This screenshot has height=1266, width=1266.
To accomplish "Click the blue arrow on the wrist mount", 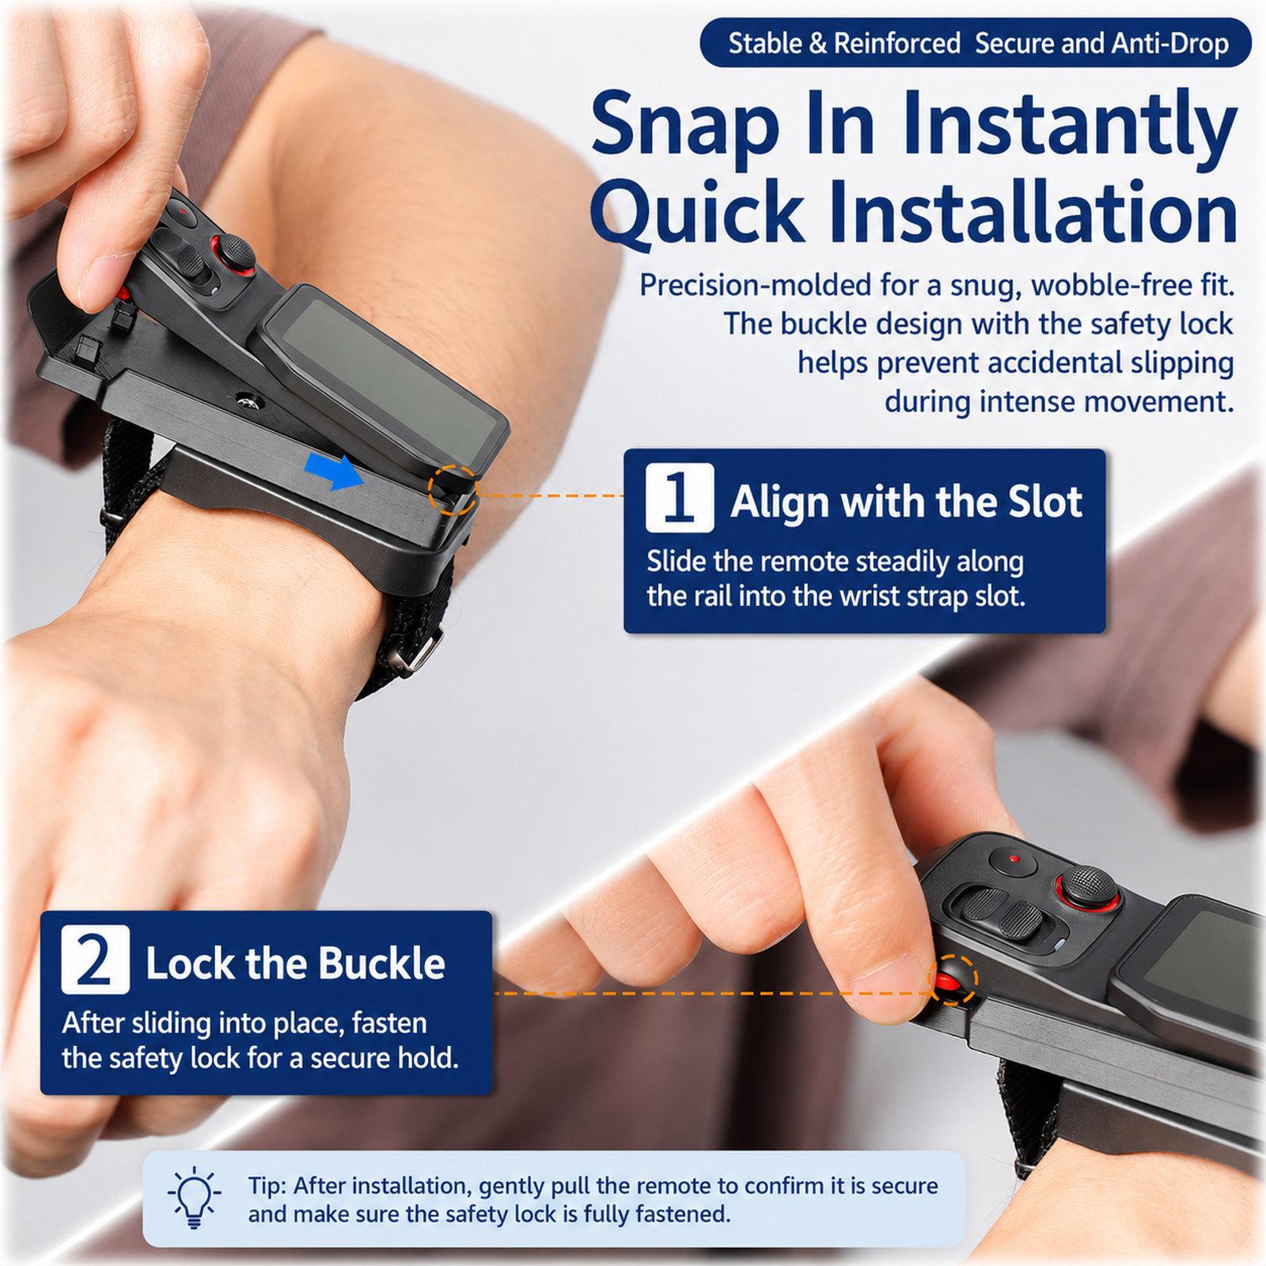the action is pyautogui.click(x=334, y=472).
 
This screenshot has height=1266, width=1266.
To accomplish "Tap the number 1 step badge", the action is pyautogui.click(x=679, y=498).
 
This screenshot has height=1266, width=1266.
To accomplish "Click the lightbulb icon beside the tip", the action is pyautogui.click(x=191, y=1200).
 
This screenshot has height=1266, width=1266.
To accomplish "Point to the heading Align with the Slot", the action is pyautogui.click(x=906, y=501).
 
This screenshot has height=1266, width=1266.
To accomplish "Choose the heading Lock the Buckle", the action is pyautogui.click(x=295, y=963).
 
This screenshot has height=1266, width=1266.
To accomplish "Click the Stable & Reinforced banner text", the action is pyautogui.click(x=844, y=43).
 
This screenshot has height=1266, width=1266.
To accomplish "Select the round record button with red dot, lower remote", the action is pyautogui.click(x=1012, y=859).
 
